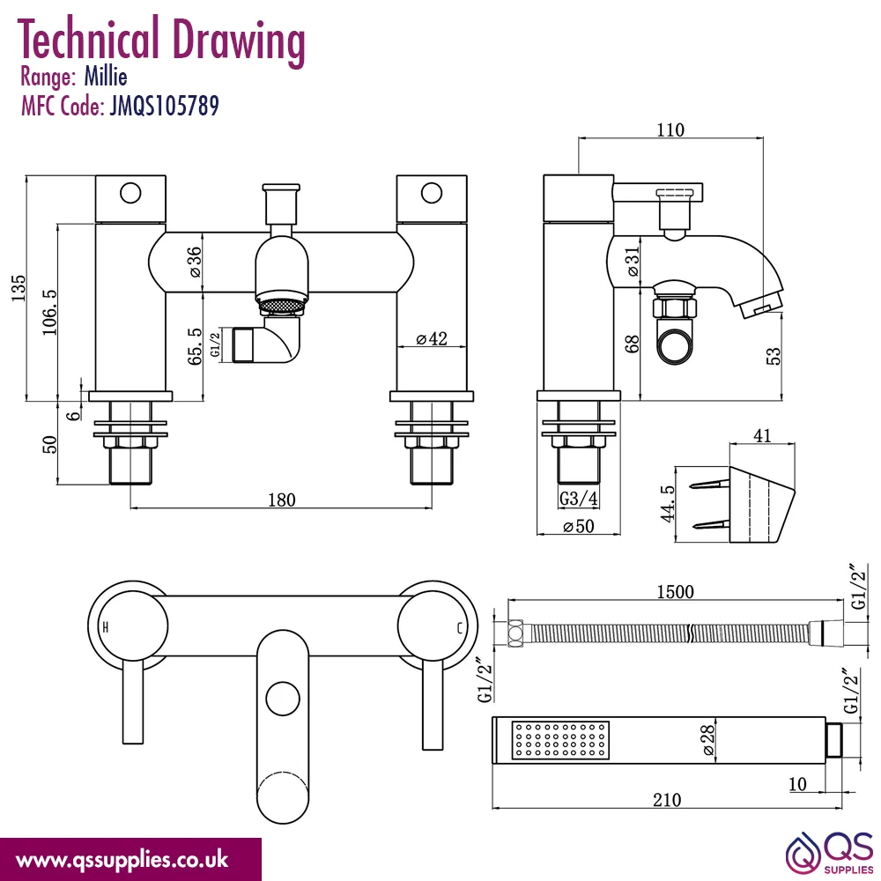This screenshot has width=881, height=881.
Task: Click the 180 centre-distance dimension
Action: click(282, 500)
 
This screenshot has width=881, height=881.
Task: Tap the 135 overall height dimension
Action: click(18, 288)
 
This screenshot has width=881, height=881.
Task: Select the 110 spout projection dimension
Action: click(670, 130)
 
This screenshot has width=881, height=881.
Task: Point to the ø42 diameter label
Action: click(432, 338)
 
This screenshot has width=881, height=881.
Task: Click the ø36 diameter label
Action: click(194, 262)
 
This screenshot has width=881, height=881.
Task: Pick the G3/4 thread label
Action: click(579, 498)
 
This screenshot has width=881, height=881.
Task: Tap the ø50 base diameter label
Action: click(579, 526)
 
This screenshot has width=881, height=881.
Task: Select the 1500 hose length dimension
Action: click(676, 592)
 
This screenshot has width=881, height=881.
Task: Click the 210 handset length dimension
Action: click(667, 800)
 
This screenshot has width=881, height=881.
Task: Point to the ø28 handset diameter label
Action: click(708, 740)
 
